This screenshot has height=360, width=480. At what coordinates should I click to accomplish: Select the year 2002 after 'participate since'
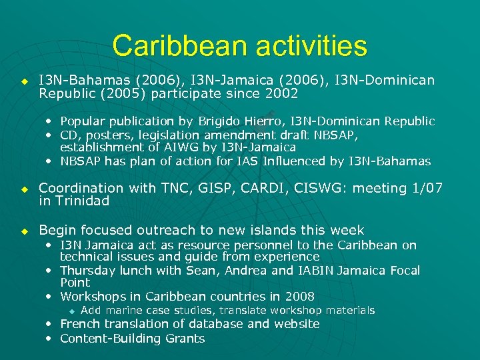[x=282, y=93]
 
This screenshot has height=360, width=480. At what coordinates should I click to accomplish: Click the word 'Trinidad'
[x=82, y=201]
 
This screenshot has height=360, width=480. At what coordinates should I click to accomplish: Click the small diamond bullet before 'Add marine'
[x=73, y=311]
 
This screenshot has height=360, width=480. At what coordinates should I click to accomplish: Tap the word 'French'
[x=79, y=324]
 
